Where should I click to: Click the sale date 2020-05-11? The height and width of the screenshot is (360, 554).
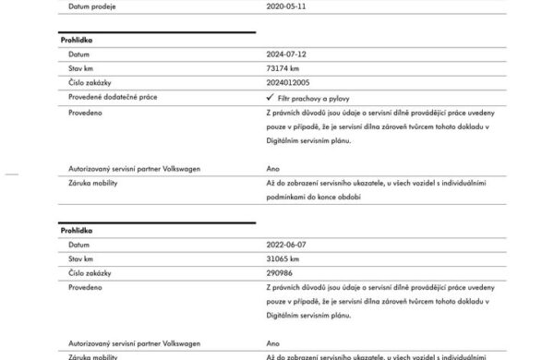tap(286, 6)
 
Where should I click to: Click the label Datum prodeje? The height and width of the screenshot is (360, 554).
tap(90, 6)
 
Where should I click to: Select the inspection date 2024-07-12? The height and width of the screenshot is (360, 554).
tap(286, 54)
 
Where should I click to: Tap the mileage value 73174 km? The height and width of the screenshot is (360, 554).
tap(283, 68)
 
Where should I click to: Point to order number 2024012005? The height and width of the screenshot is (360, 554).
tap(289, 82)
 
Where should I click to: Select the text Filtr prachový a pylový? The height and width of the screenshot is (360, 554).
tap(313, 97)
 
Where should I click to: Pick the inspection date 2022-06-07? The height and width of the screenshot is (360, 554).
tap(286, 245)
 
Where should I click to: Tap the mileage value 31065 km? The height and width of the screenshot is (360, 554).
tap(283, 258)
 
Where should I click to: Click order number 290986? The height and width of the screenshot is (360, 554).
tap(280, 272)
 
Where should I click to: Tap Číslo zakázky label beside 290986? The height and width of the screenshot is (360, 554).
tap(90, 272)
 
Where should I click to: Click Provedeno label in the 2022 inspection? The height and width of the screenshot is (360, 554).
tap(85, 287)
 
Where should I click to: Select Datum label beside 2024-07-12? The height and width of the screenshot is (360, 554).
tap(79, 54)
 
